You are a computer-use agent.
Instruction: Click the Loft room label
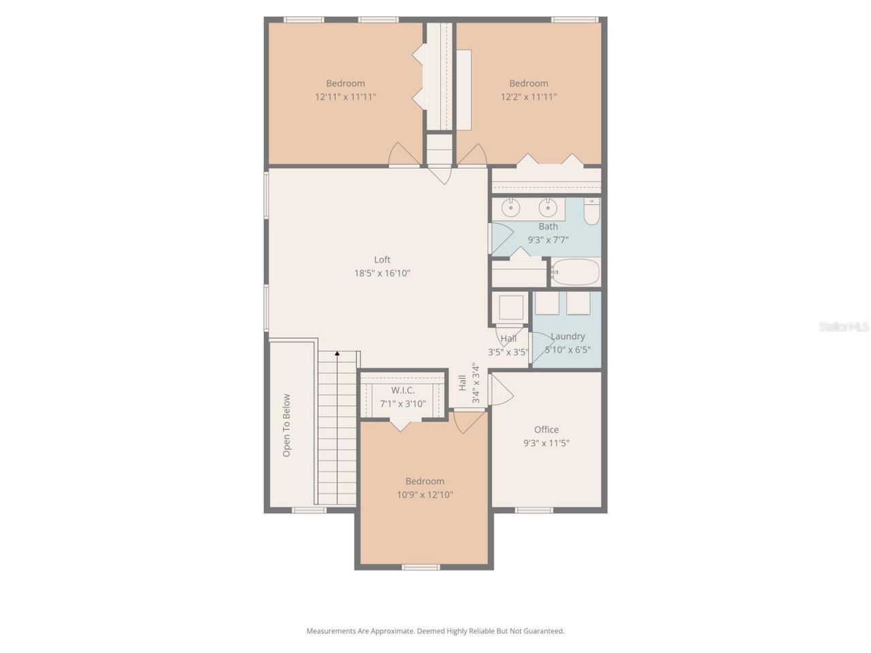[x=382, y=259]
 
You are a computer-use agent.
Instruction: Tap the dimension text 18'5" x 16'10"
[x=382, y=273]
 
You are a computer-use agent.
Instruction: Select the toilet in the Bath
[x=591, y=213]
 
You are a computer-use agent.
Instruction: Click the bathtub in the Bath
[x=575, y=273]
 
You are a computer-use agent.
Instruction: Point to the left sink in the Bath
[x=510, y=207]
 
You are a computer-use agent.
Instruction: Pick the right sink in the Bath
[x=548, y=207]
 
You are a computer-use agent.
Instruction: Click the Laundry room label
[x=568, y=336]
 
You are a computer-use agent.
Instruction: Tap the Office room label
[x=546, y=429]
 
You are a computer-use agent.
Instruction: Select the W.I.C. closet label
[x=402, y=390]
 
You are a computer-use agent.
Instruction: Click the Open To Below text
[x=286, y=425]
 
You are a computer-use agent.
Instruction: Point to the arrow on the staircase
[x=337, y=354]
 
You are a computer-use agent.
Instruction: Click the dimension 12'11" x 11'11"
[x=345, y=97]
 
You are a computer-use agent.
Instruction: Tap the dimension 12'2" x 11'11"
[x=529, y=97]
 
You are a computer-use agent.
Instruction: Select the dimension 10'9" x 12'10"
[x=425, y=495]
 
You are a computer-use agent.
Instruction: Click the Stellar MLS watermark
[x=843, y=327]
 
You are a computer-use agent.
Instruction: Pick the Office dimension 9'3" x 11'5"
[x=546, y=443]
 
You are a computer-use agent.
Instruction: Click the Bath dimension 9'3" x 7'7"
[x=548, y=239]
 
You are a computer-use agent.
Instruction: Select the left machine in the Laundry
[x=546, y=303]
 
